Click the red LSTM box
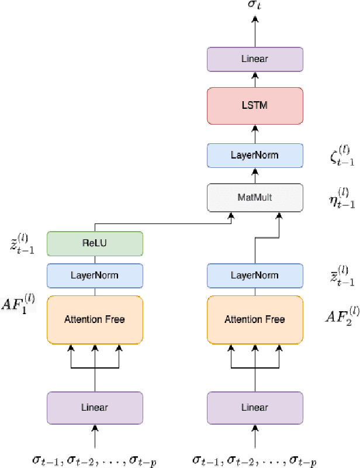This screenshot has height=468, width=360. tap(255, 106)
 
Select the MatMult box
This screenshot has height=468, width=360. tap(255, 197)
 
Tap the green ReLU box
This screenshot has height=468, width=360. tap(95, 244)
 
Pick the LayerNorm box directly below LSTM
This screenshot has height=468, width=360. tap(255, 156)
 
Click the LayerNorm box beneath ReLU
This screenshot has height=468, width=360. tap(95, 275)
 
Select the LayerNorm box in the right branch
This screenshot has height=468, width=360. tap(255, 275)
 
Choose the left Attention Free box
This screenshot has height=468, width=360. tap(95, 319)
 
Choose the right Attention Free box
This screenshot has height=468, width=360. tap(255, 319)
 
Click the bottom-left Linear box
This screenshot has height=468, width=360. tap(95, 407)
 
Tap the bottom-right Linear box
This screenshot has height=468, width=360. tap(255, 407)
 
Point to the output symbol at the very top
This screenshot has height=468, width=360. tap(255, 6)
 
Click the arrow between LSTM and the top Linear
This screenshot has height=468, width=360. tap(255, 79)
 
